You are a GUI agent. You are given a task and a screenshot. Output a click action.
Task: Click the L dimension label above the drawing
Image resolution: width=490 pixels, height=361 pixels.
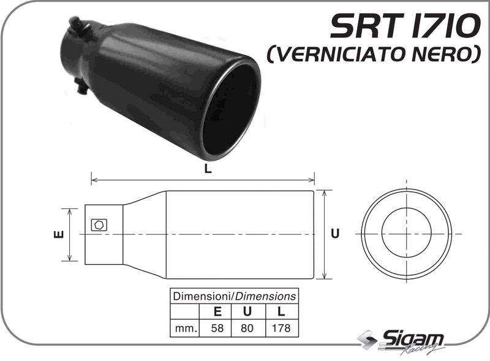click(208, 171)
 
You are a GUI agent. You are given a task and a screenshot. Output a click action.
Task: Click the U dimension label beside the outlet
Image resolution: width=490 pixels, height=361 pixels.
click(335, 234)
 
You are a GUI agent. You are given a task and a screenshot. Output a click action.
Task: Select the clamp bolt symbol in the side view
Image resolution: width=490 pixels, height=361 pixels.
click(98, 225)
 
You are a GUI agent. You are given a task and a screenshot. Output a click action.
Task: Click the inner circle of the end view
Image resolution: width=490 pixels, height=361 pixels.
click(406, 234)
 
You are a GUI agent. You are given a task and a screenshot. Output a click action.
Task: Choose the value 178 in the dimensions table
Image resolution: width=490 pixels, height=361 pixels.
click(281, 328)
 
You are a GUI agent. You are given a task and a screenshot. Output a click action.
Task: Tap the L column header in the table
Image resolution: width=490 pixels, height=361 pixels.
click(281, 312)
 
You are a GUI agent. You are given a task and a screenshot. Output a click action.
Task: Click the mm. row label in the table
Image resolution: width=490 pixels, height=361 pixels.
click(184, 328)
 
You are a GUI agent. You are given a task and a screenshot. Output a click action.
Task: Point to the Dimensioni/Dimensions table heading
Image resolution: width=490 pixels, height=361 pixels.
click(235, 296)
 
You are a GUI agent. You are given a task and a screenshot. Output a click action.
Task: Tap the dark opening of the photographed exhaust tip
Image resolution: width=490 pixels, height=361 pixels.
click(232, 110)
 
